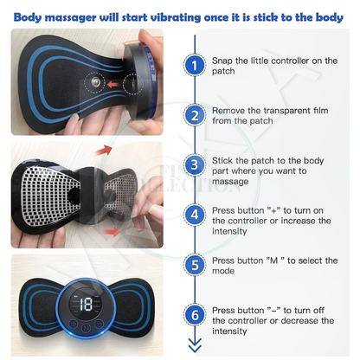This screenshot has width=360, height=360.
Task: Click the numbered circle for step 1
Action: [x=195, y=65]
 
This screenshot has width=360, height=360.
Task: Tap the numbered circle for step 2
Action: [x=195, y=114]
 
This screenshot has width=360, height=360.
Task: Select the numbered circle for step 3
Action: [x=195, y=164]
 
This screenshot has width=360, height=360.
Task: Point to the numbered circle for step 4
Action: [x=195, y=213]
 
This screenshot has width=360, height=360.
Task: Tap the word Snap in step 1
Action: [x=224, y=61]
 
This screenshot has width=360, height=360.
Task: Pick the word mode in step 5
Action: [x=224, y=270]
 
